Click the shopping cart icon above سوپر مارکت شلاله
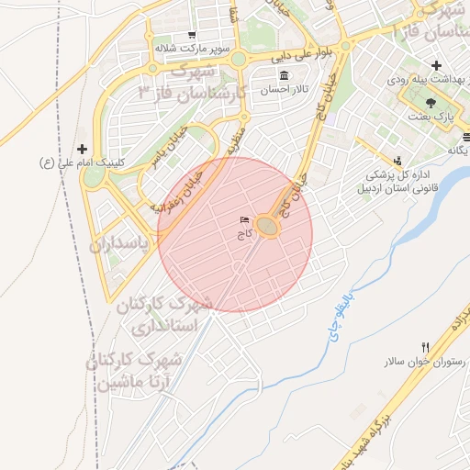point(191,36)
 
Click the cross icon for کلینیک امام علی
point(83,148)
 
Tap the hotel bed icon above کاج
point(244,220)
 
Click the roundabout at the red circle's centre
point(268,226)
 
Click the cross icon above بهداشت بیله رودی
point(436,66)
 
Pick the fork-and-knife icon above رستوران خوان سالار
point(424,347)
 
